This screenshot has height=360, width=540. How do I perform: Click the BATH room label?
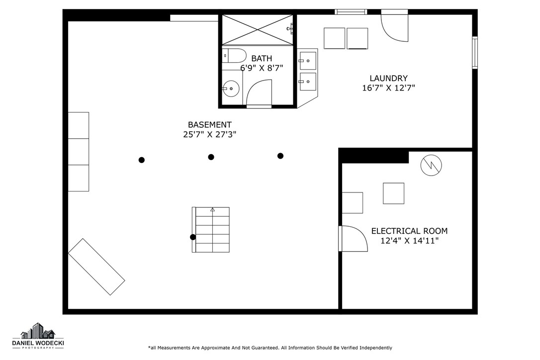point(262,59)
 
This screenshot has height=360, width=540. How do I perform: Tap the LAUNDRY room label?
point(388,78)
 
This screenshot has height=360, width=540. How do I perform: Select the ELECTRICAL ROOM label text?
point(409,231)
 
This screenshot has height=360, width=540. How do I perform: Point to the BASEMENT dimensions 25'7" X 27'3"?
point(209,134)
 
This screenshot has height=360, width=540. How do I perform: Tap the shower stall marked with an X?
point(257,29)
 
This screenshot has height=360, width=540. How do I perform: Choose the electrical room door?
point(352,239)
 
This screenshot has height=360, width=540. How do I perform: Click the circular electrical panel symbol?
point(431,166)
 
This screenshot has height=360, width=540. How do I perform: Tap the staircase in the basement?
point(211,230)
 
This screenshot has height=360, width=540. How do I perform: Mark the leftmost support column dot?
point(142,160)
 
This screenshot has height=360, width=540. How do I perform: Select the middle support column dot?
point(211,157)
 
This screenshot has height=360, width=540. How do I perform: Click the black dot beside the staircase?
point(193,237)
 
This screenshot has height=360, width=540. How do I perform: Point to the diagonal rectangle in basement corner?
point(96,267)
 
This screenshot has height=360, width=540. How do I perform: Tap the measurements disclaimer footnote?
point(270,348)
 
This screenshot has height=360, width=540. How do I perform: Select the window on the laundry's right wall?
point(475,52)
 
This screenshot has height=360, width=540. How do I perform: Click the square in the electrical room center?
point(393,193)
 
